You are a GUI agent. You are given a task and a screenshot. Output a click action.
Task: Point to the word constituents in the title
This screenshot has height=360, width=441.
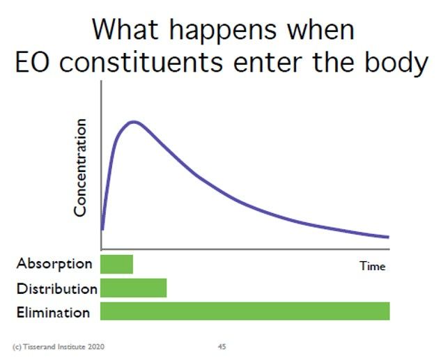[x=141, y=62]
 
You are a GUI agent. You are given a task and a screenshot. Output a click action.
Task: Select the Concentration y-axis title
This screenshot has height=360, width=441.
[x=80, y=168]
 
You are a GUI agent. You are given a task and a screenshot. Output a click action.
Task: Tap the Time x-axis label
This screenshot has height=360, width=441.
[x=373, y=266]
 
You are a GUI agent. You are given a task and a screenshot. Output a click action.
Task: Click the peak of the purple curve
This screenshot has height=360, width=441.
[x=134, y=122]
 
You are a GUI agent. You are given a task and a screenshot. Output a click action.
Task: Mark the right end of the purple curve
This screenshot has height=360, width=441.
[x=389, y=237]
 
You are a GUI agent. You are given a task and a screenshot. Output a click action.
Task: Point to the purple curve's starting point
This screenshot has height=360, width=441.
[x=102, y=230]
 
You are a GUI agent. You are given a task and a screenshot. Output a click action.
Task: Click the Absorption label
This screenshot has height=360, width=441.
[x=54, y=265]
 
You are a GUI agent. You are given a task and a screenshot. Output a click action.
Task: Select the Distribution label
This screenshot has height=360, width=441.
[x=57, y=288]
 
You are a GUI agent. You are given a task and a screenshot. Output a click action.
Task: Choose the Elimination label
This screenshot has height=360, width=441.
[x=54, y=312]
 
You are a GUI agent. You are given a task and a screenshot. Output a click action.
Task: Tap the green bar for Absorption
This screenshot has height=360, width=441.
[x=117, y=264]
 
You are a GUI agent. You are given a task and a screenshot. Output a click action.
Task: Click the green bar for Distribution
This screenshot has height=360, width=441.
[x=134, y=288]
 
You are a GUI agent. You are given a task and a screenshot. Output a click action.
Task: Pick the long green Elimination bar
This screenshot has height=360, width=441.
[x=245, y=311]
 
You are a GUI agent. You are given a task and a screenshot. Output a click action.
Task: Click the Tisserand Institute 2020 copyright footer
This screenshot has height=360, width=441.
[x=59, y=347]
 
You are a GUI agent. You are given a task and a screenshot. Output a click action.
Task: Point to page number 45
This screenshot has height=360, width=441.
[x=222, y=347]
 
